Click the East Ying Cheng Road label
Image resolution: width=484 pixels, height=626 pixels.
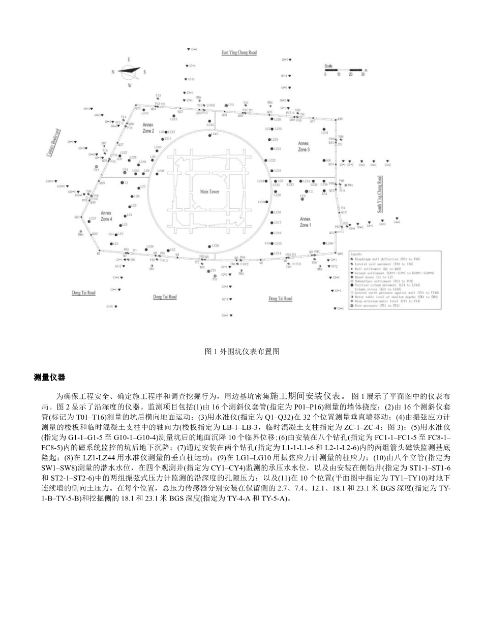(x=239, y=52)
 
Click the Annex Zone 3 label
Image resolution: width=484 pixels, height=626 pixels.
(x=304, y=147)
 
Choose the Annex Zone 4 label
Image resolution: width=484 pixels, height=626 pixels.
(x=106, y=216)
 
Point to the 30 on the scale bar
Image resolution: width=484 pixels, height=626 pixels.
(x=362, y=74)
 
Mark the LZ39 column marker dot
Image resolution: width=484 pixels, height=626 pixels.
(x=210, y=246)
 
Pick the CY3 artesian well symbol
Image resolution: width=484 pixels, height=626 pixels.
(x=226, y=105)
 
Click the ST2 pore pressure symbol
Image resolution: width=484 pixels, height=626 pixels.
(x=96, y=166)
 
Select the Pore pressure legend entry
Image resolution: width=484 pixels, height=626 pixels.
(x=371, y=306)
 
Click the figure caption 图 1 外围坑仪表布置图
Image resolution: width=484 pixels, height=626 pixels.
(x=241, y=351)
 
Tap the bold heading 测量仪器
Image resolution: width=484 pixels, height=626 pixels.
(x=49, y=377)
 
